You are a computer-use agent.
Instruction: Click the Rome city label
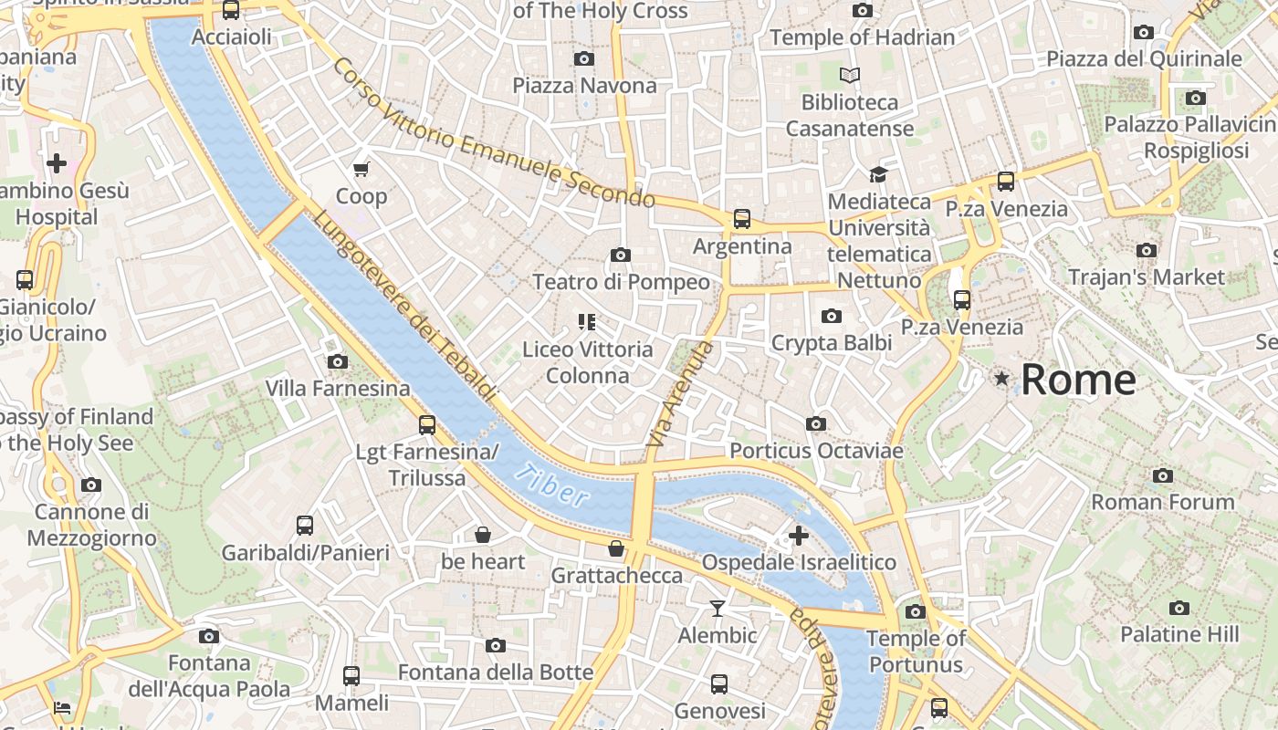pyautogui.click(x=1078, y=379)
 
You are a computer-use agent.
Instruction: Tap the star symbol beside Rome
pyautogui.click(x=1002, y=378)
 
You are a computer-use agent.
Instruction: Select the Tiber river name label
pyautogui.click(x=551, y=485)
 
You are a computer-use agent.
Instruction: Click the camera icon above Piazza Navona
pyautogui.click(x=584, y=59)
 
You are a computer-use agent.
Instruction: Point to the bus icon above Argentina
pyautogui.click(x=742, y=219)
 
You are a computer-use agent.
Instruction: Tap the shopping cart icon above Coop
pyautogui.click(x=361, y=169)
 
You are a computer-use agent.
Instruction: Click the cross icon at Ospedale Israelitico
pyautogui.click(x=799, y=536)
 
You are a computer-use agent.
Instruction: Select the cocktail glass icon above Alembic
pyautogui.click(x=718, y=608)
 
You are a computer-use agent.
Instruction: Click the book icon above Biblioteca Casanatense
pyautogui.click(x=850, y=75)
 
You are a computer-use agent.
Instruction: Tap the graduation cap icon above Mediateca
pyautogui.click(x=878, y=174)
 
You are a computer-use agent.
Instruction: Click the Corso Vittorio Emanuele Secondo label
pyautogui.click(x=493, y=133)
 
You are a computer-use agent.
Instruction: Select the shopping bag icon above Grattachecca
pyautogui.click(x=617, y=548)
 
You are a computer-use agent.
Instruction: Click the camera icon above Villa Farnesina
pyautogui.click(x=338, y=361)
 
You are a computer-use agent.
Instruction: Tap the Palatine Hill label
pyautogui.click(x=1179, y=634)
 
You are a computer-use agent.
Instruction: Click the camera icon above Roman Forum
pyautogui.click(x=1163, y=475)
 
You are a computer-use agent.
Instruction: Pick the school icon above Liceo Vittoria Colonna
pyautogui.click(x=587, y=321)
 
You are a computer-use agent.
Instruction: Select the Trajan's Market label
pyautogui.click(x=1147, y=276)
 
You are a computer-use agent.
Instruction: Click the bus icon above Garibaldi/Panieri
pyautogui.click(x=305, y=526)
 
